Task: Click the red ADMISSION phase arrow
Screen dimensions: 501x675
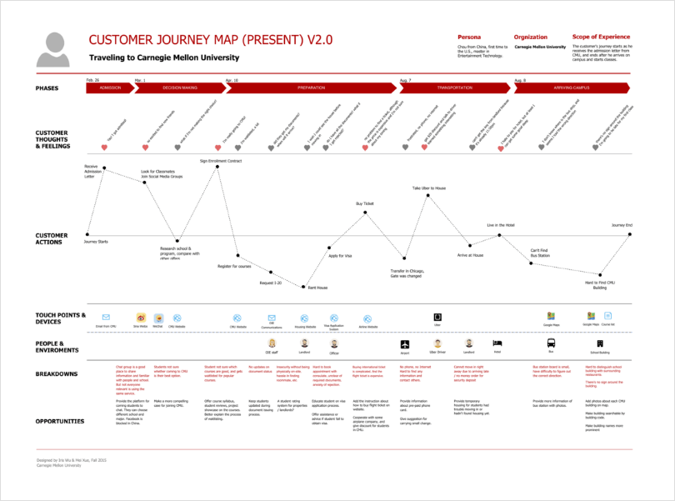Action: tap(110, 88)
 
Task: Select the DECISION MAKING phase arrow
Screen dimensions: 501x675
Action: tap(178, 88)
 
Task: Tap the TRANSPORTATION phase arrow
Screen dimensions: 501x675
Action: tap(454, 88)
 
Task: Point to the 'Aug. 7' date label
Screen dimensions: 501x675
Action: tap(405, 80)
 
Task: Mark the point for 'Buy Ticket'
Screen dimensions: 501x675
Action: tap(365, 213)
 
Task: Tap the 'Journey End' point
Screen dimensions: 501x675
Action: tap(630, 234)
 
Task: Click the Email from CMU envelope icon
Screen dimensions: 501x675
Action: tap(107, 318)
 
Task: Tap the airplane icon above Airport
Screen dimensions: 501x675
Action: tap(405, 342)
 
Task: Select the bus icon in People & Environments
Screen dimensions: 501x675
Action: tap(551, 343)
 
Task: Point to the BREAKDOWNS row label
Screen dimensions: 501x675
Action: tap(57, 373)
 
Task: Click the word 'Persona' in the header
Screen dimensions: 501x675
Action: tap(469, 38)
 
